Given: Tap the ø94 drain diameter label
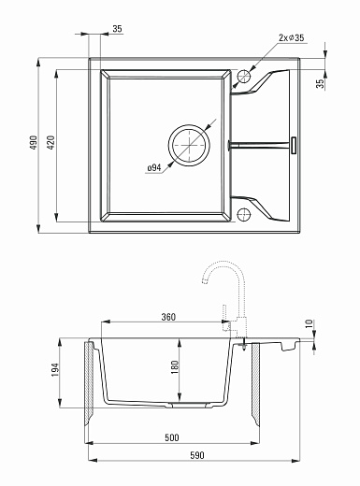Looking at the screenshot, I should (x=155, y=167).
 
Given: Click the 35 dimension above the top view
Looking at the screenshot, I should (x=117, y=30).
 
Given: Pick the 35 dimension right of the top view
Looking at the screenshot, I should (x=320, y=83).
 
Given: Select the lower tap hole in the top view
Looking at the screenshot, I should (x=246, y=214).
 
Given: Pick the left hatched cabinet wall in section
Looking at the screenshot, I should (x=90, y=383).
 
